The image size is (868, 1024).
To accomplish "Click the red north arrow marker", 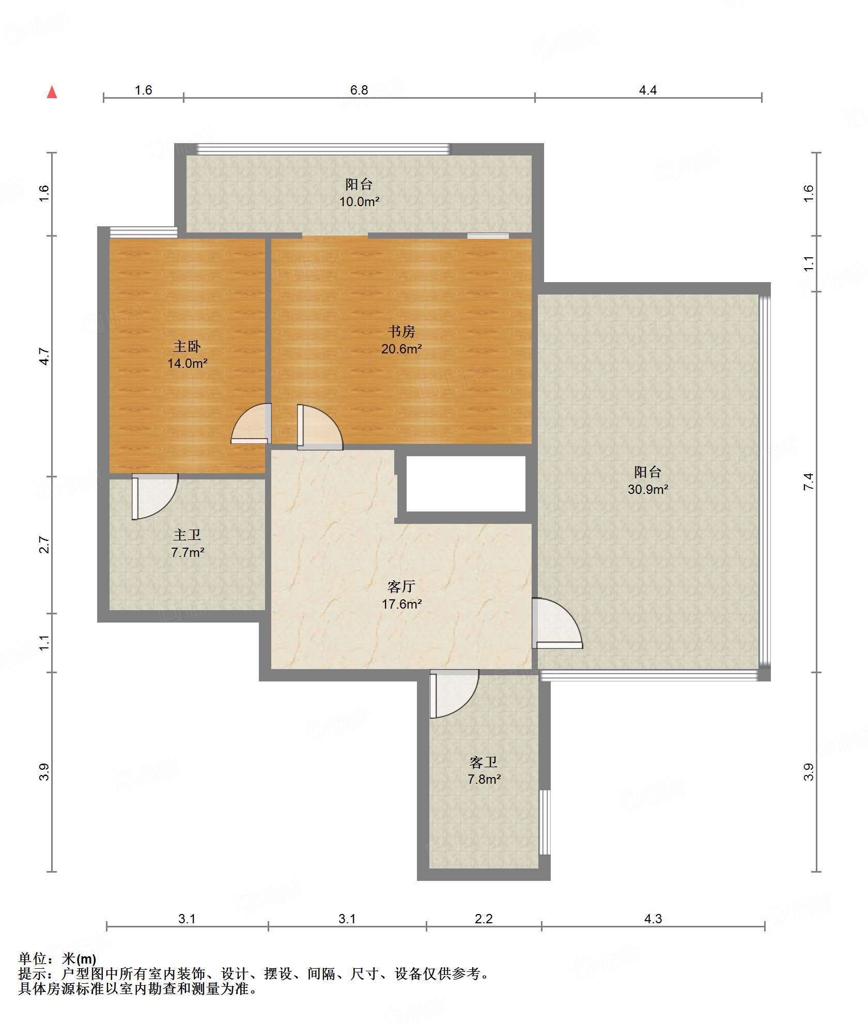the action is click(52, 92).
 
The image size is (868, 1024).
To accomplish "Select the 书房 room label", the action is click(401, 331).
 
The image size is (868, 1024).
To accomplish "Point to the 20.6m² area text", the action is click(401, 349).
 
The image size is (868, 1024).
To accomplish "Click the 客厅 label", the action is click(401, 586).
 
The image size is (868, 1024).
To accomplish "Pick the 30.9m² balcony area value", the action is click(648, 489).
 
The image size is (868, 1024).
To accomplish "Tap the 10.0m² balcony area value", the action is click(359, 201).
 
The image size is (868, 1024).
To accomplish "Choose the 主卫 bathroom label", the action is click(187, 535).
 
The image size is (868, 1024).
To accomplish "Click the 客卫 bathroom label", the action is click(484, 762).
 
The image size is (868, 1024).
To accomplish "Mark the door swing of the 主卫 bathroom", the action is click(154, 497).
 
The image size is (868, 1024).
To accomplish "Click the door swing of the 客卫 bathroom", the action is click(454, 693).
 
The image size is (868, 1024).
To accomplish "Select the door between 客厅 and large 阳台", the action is click(557, 623).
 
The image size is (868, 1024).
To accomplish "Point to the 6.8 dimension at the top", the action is click(359, 90).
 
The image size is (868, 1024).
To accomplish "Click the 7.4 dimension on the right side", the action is click(809, 482).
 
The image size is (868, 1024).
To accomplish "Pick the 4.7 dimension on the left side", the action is click(44, 356).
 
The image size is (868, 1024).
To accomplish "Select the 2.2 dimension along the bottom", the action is click(484, 919).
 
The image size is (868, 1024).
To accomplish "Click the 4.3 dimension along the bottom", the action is click(653, 919).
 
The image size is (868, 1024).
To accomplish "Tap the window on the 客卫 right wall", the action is click(545, 821).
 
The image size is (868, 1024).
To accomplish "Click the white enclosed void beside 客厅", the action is click(466, 484).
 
